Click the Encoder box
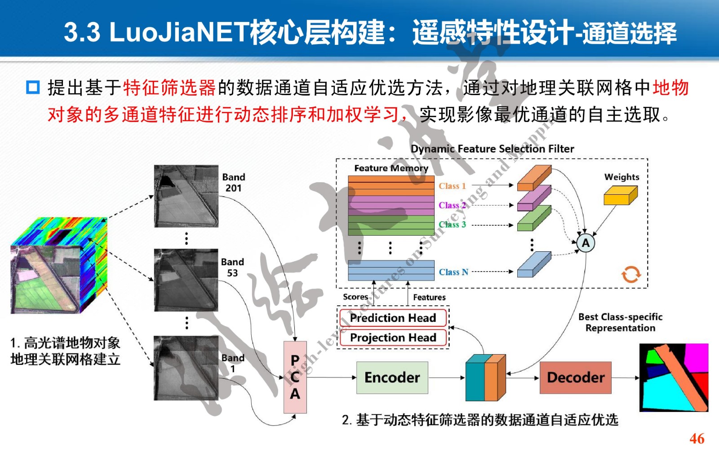point(392,377)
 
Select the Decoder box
point(575,377)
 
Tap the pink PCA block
point(295,377)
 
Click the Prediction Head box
point(393,318)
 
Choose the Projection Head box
point(393,338)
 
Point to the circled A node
point(586,243)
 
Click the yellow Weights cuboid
point(621,195)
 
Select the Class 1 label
point(452,186)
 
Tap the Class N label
point(453,272)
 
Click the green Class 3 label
point(452,224)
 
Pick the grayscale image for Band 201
point(186,196)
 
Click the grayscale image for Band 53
point(186,280)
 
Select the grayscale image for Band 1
point(186,368)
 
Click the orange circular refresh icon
point(630,274)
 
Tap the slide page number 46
point(697,438)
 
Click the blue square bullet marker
point(33,87)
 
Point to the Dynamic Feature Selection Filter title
point(492,149)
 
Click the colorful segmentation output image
point(674,377)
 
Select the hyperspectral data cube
point(58,266)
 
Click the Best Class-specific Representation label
point(620,322)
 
